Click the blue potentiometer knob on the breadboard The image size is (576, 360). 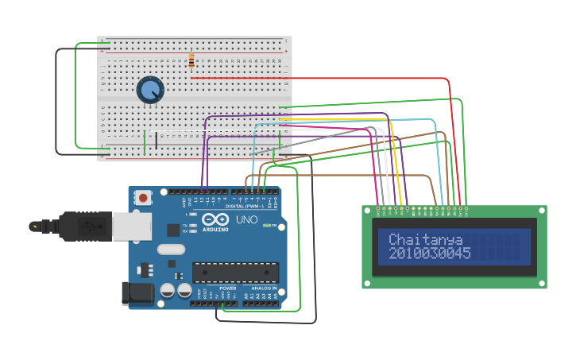click(150, 90)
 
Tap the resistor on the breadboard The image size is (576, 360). click(191, 61)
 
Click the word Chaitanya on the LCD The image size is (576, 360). click(425, 239)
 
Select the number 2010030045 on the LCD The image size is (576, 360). click(429, 254)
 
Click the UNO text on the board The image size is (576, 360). click(247, 219)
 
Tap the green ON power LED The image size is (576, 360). click(268, 226)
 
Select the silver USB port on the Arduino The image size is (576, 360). click(131, 226)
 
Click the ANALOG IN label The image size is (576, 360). click(264, 288)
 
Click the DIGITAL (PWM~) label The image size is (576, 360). click(248, 206)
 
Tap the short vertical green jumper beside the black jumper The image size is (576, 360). click(145, 142)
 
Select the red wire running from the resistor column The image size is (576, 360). click(318, 79)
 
